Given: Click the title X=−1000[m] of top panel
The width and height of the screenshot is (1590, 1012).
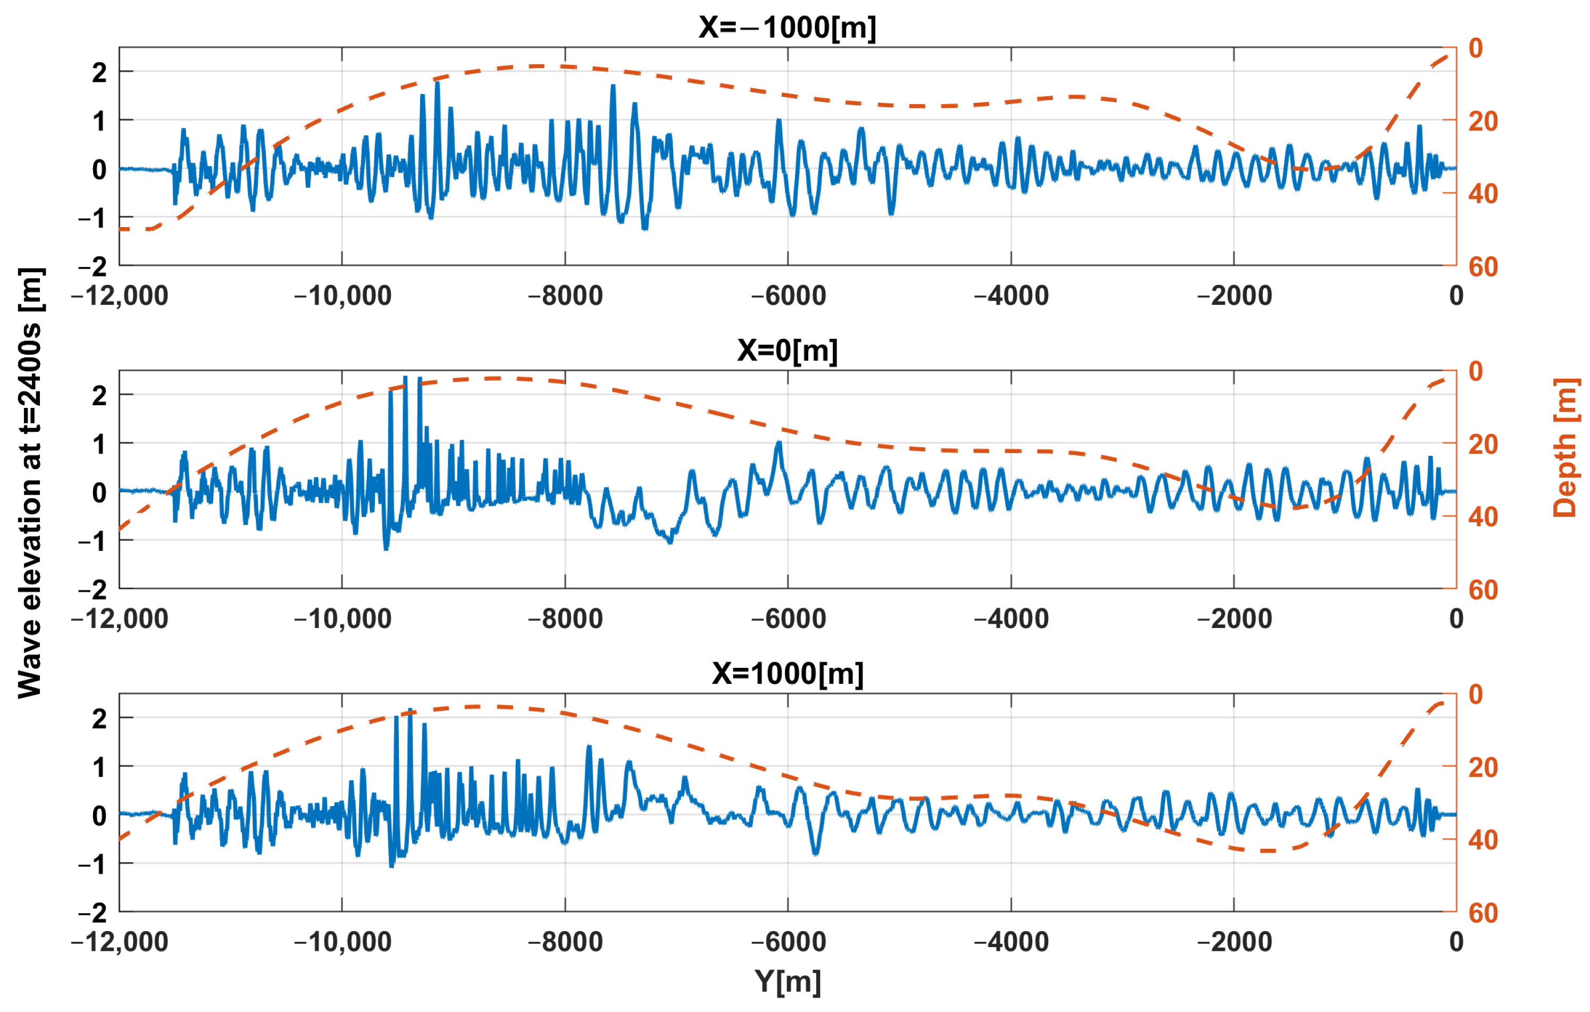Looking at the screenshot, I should point(787,28).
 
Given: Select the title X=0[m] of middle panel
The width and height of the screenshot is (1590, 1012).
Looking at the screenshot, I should point(787,350).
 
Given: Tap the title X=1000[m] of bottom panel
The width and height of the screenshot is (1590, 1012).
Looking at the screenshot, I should point(787,673).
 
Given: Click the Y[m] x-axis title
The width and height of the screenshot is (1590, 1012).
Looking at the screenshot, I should point(788,982).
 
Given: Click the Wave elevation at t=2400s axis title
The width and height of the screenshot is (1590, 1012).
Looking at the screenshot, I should point(30,483).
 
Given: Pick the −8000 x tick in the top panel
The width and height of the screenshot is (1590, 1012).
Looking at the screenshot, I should point(565,296).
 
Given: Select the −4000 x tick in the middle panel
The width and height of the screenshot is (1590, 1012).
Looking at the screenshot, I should point(1011,618).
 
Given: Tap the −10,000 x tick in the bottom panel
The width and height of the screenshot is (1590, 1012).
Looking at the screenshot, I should point(342,941).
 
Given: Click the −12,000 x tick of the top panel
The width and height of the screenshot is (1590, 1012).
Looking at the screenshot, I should point(120,296).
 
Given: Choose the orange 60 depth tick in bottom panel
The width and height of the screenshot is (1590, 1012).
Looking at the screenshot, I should point(1483,913).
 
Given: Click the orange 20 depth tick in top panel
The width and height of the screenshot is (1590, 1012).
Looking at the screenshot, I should point(1483,121).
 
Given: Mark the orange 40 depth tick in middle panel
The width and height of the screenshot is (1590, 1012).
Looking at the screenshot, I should point(1483,517).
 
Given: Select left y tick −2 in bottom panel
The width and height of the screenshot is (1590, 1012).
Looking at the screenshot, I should point(93,913).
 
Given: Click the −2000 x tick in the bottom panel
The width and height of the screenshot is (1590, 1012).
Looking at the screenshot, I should point(1234,941).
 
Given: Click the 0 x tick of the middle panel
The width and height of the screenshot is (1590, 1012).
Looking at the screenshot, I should point(1456,618).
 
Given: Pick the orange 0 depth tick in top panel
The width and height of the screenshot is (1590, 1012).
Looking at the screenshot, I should point(1475,48).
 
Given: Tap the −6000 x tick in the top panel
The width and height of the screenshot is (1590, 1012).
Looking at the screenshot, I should point(789,296).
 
